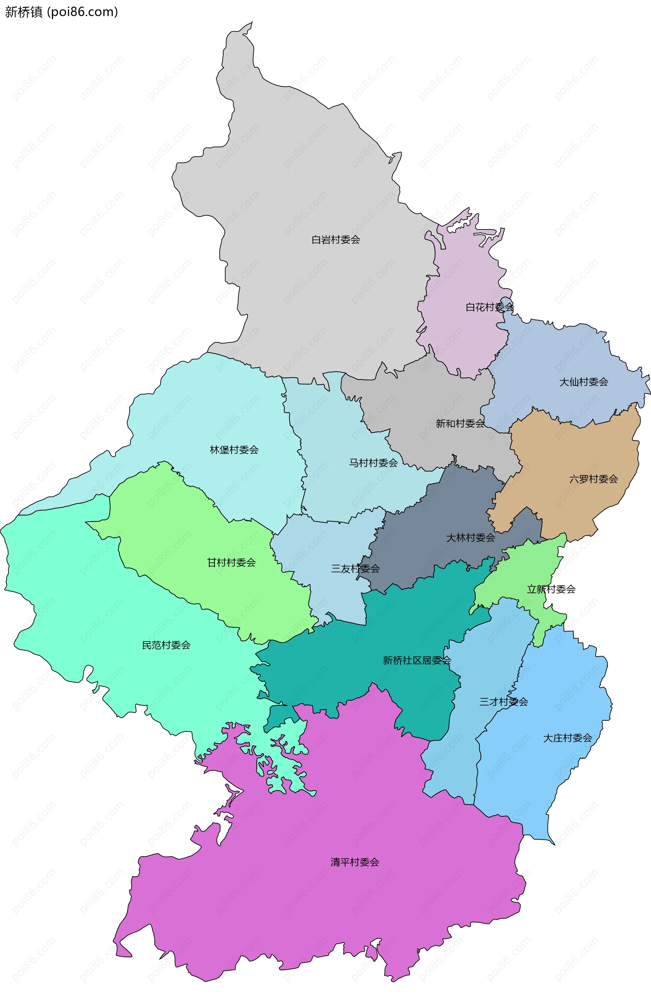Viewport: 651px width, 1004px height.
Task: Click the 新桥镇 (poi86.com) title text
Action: (61, 12)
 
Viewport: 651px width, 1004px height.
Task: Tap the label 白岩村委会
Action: (335, 240)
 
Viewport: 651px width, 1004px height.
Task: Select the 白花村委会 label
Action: (489, 307)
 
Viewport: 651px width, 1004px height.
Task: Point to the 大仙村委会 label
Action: (584, 382)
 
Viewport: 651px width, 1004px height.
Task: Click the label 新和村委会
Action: (460, 423)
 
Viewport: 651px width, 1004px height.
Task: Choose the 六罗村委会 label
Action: (593, 479)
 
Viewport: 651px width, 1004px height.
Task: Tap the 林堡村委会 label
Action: (234, 450)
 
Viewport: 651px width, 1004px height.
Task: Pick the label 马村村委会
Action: (373, 463)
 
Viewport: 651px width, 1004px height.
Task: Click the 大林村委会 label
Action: (470, 538)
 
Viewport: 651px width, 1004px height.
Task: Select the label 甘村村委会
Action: (231, 562)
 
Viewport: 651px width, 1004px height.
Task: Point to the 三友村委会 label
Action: (355, 569)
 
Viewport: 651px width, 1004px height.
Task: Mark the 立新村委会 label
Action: (551, 589)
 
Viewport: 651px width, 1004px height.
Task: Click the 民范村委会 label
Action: (166, 645)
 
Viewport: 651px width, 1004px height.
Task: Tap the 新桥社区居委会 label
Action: (417, 660)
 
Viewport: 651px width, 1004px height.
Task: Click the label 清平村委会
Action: (354, 862)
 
